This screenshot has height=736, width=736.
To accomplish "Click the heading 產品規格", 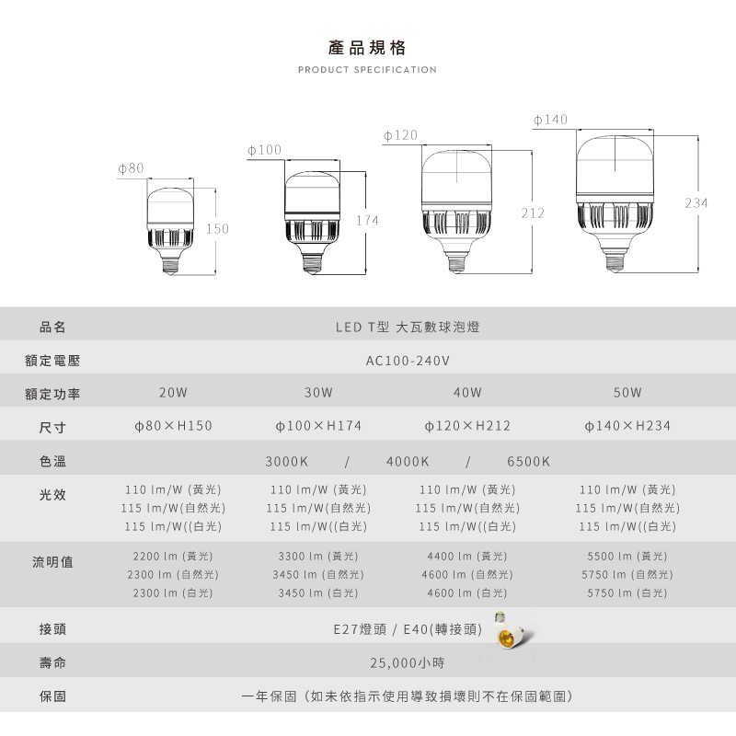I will (367, 48).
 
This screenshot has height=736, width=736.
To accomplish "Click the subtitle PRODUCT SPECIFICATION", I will (367, 70).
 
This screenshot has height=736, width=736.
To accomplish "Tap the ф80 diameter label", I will (132, 168).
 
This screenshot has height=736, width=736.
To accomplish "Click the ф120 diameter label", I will (400, 135).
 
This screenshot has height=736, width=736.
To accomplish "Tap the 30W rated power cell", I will (317, 393).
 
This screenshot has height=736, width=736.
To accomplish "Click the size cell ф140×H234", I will (628, 426).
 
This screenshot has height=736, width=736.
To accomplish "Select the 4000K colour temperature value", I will (408, 460).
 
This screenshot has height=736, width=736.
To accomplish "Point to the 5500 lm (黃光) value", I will (627, 556).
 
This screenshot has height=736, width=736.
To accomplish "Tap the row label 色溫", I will (52, 460).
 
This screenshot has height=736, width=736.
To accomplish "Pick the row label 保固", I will (52, 696).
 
